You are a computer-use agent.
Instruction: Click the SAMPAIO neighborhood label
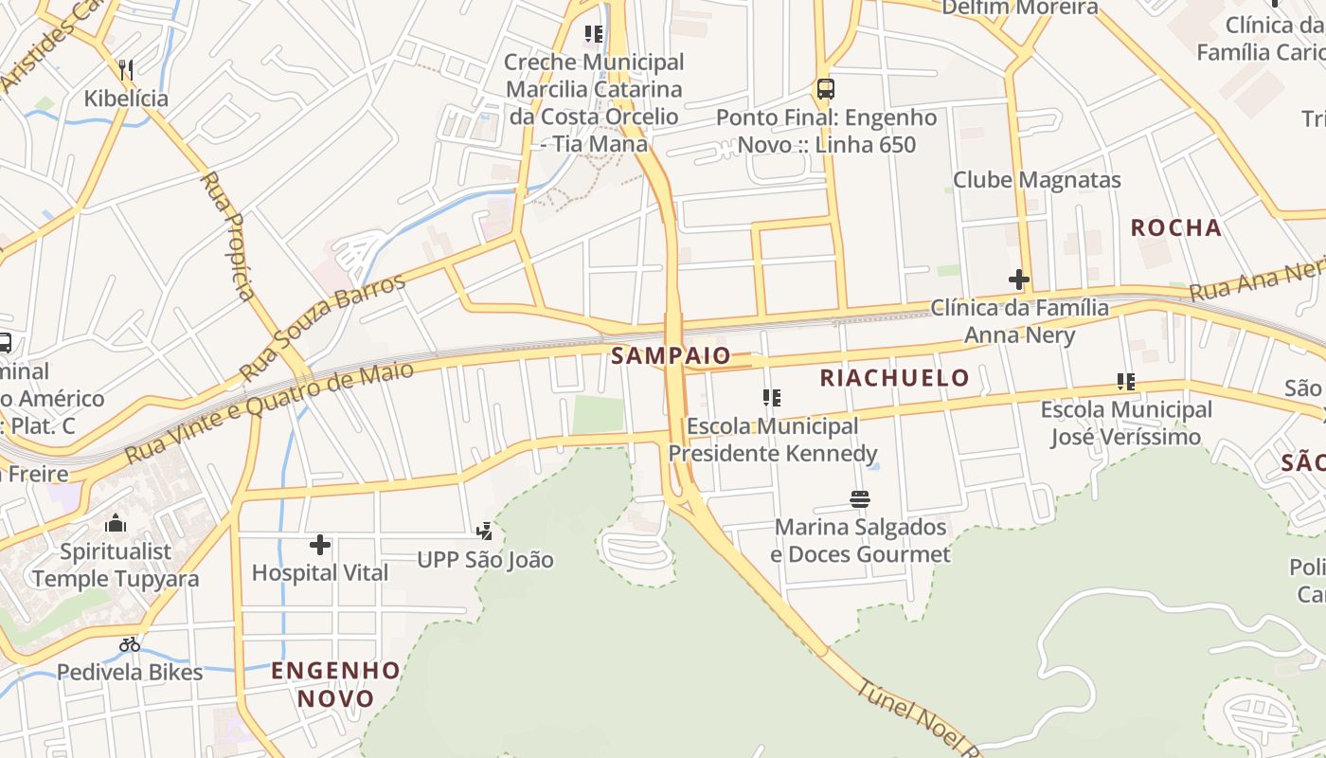click(671, 356)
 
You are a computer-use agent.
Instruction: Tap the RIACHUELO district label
click(894, 378)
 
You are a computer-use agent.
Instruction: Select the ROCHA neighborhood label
click(1176, 227)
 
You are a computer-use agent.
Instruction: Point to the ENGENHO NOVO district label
click(336, 685)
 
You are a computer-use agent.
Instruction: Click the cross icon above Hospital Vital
click(320, 545)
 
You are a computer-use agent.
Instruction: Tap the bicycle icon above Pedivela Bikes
click(130, 644)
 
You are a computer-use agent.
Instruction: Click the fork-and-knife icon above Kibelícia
click(126, 69)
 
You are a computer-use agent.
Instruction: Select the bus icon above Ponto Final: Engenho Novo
click(826, 89)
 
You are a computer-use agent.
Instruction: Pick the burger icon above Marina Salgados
click(860, 498)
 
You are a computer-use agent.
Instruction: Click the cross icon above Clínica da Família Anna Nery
click(1019, 280)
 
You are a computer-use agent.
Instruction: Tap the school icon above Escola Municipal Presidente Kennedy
click(772, 398)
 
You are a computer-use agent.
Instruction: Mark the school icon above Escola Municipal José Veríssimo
click(1125, 382)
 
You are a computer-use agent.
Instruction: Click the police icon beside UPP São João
click(485, 532)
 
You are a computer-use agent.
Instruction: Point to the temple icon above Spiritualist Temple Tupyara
click(116, 523)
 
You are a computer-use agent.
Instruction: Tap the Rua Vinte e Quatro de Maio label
click(270, 411)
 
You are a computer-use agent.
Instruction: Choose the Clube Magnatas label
click(1036, 180)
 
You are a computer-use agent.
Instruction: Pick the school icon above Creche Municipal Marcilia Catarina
click(594, 34)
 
